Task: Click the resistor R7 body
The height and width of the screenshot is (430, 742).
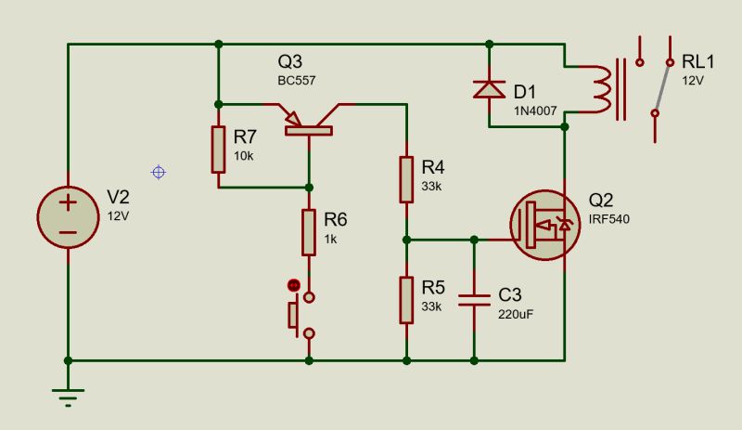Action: click(x=218, y=150)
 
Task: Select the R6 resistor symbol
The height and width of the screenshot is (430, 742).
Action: click(x=310, y=232)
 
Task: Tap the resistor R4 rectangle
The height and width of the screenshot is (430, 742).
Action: click(x=406, y=179)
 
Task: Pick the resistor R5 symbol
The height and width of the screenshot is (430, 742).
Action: click(x=406, y=299)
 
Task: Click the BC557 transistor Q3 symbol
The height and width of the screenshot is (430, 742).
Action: click(x=307, y=121)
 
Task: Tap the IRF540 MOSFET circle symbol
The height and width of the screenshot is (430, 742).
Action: click(x=545, y=226)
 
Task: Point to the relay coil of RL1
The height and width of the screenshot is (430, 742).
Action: click(x=603, y=89)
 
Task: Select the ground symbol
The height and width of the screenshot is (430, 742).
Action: click(x=68, y=396)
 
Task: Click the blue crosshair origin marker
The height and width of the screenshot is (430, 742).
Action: click(x=159, y=172)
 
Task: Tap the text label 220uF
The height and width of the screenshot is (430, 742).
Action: click(x=517, y=314)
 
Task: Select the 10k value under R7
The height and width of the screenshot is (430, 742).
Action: click(x=243, y=156)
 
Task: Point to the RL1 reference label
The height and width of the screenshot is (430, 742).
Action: click(x=698, y=62)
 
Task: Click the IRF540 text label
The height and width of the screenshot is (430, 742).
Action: click(x=608, y=218)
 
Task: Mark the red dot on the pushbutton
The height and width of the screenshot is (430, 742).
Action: click(x=294, y=284)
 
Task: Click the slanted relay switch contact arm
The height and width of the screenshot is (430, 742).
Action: click(x=661, y=88)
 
